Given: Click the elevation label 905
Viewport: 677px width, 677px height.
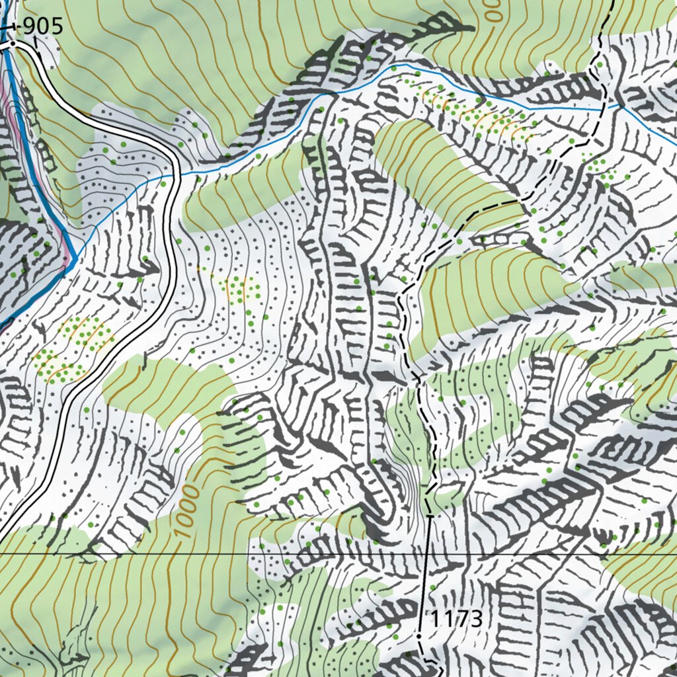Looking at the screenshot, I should [x=42, y=26].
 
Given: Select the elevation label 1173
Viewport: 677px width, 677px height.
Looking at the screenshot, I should [x=457, y=619].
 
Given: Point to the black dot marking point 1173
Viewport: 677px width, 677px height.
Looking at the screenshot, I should [x=419, y=636].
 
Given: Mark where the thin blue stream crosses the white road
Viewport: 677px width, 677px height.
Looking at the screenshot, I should [x=177, y=175].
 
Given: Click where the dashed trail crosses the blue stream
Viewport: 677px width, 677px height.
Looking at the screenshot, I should [x=603, y=109].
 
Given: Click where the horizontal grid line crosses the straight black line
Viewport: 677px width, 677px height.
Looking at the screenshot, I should [x=426, y=554].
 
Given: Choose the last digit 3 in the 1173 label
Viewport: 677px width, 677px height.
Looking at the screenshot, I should [x=477, y=619].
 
